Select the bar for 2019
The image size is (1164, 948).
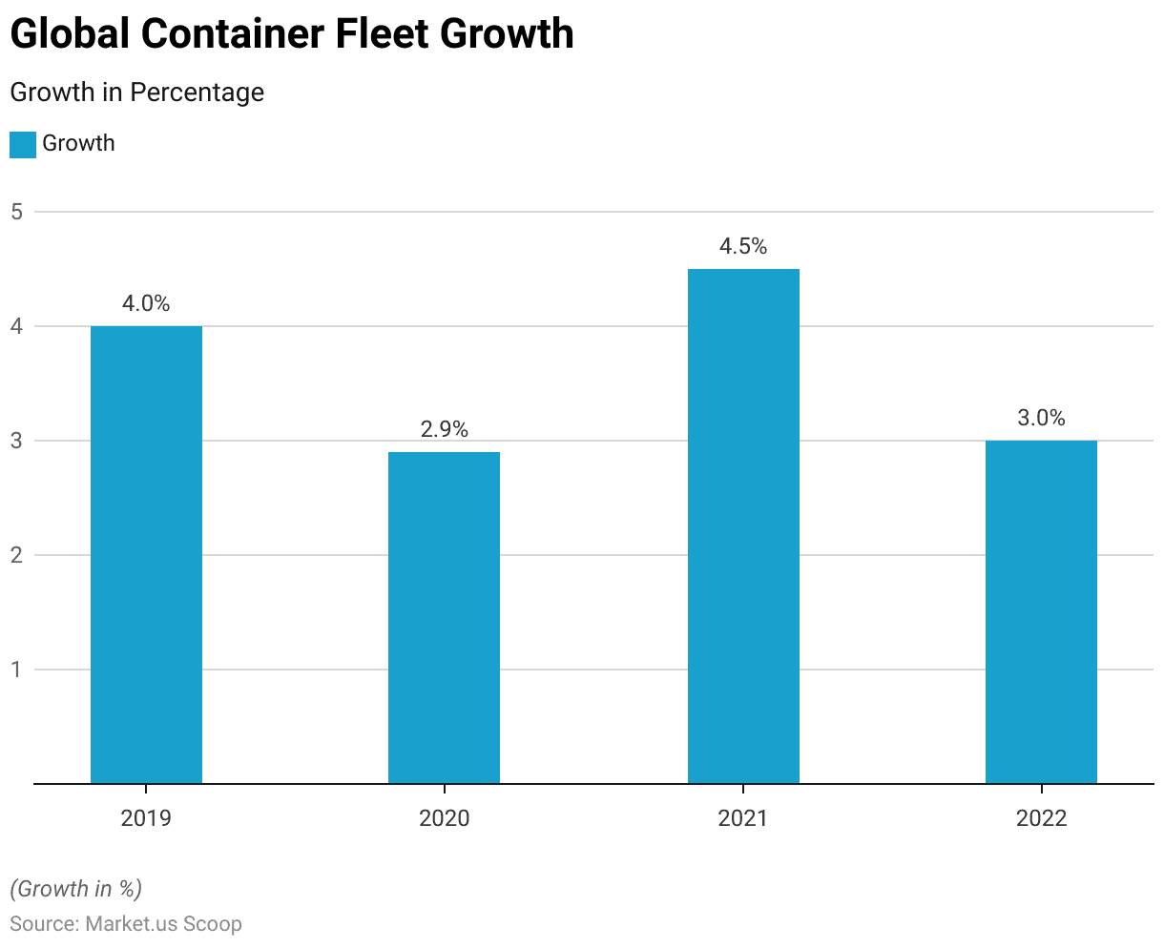click(146, 554)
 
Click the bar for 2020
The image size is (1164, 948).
click(444, 617)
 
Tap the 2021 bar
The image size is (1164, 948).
click(743, 526)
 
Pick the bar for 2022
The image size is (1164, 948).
click(1041, 611)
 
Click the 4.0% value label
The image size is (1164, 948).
click(146, 304)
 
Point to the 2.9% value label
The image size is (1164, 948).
click(445, 430)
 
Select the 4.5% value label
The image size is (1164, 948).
click(743, 247)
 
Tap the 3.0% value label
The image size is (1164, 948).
click(1041, 419)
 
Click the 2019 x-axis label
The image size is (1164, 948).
click(146, 818)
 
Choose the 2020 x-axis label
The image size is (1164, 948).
click(445, 818)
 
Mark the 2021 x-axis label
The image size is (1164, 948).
click(743, 818)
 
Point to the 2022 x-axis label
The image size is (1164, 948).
click(1041, 818)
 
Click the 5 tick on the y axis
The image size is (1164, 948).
click(17, 212)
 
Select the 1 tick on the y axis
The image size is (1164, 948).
click(17, 670)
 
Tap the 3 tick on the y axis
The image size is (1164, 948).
click(17, 441)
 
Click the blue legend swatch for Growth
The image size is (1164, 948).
click(22, 145)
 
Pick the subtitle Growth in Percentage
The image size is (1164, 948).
click(136, 93)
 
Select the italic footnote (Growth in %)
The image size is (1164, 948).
click(75, 889)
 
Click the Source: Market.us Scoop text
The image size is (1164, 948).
click(126, 924)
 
